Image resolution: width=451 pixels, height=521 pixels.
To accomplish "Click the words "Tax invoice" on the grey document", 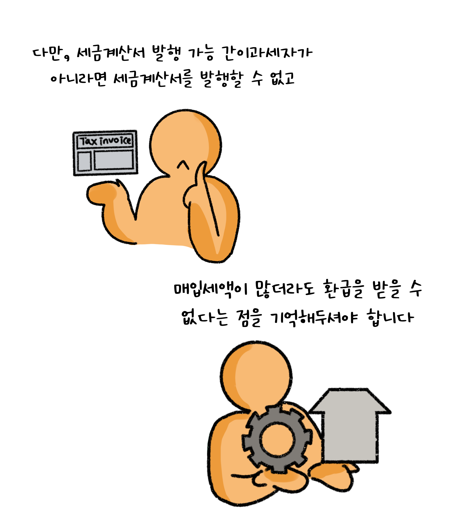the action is coord(106,141).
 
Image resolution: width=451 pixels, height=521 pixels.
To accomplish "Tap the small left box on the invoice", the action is coord(84,161).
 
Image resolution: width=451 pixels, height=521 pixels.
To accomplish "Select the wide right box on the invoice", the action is coord(114,160).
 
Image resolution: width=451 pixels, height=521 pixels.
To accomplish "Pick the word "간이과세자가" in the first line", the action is coord(267,54).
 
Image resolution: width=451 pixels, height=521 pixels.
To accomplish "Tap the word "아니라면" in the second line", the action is coord(79,80).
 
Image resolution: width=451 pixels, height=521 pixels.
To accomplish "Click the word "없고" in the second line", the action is coord(282,78).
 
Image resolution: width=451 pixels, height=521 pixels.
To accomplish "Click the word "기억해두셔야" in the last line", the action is coord(314,318).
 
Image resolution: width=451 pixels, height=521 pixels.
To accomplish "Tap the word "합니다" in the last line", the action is coord(390,318).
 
